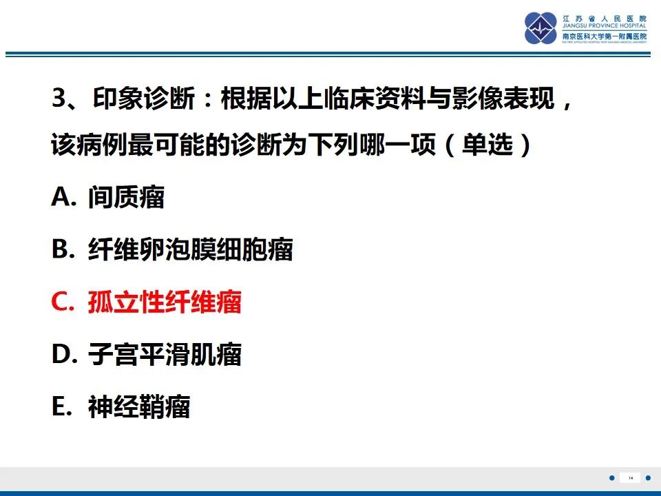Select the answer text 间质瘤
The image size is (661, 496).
click(x=126, y=198)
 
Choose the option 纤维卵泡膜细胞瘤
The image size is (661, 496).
click(x=190, y=250)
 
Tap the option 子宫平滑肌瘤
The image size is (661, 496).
click(x=165, y=355)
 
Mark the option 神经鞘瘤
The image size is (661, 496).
click(x=138, y=408)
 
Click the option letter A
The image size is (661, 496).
click(x=62, y=198)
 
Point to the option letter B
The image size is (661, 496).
click(x=61, y=250)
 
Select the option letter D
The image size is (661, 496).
click(x=62, y=355)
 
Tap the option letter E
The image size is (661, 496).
click(x=61, y=408)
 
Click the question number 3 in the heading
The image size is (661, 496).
click(x=58, y=101)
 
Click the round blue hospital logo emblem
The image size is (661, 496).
click(x=541, y=28)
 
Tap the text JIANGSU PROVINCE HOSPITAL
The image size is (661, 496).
click(x=605, y=27)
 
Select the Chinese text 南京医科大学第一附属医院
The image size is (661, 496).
click(x=605, y=36)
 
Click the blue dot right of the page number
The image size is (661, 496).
click(x=648, y=478)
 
